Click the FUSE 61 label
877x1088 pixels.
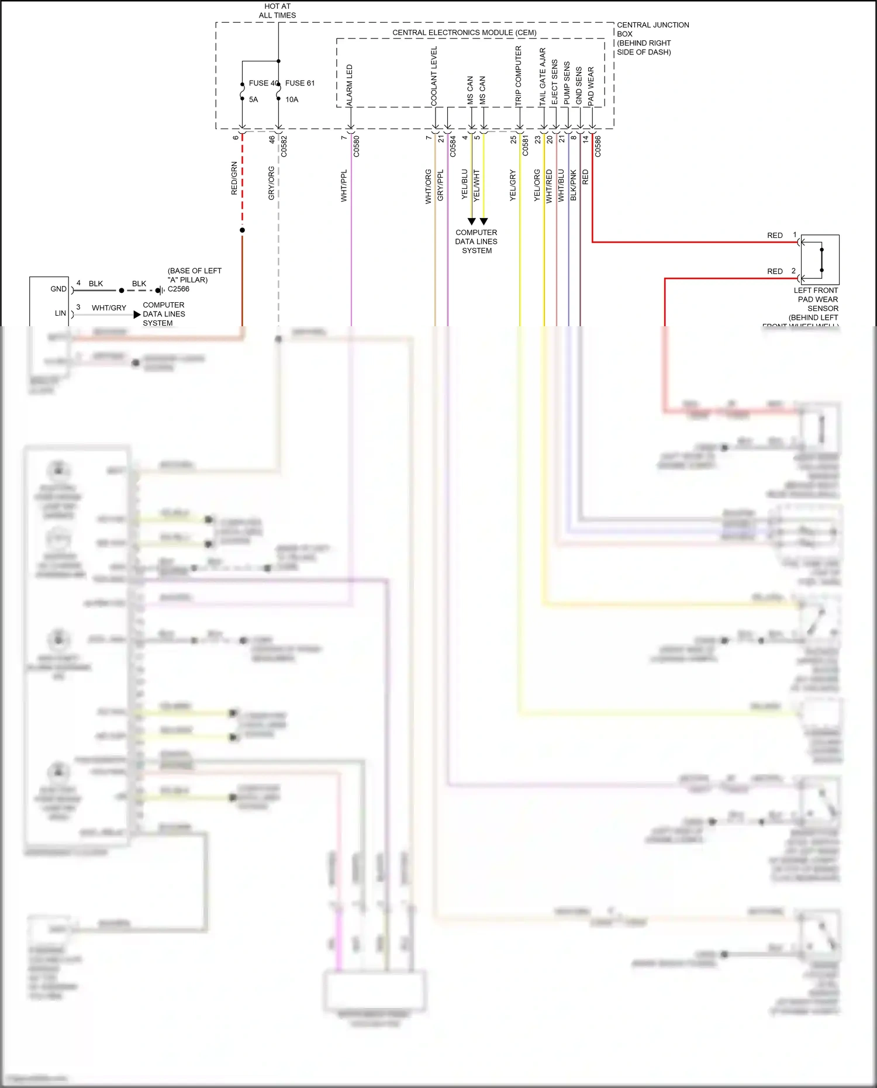click(x=299, y=83)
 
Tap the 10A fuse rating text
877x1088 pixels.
click(x=292, y=99)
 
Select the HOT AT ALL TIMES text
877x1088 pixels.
click(x=277, y=11)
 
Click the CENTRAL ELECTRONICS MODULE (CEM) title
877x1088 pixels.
click(x=464, y=33)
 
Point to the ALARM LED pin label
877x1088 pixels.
click(x=350, y=85)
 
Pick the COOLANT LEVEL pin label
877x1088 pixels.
click(x=434, y=76)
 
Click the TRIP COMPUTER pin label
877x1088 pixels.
click(x=518, y=76)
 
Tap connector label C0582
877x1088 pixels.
click(x=284, y=146)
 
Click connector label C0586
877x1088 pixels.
click(x=598, y=146)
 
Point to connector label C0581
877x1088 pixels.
click(x=525, y=145)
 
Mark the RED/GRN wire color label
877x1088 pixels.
click(x=234, y=178)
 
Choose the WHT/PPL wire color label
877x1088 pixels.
click(x=344, y=186)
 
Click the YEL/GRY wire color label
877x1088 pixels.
click(x=513, y=186)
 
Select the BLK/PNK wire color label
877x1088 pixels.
click(x=574, y=186)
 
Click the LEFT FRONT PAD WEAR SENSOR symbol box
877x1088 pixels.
click(x=820, y=260)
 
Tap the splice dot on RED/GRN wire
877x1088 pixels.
click(x=242, y=230)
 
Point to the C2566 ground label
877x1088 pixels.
click(x=178, y=289)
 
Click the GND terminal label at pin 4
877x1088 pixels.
click(x=58, y=289)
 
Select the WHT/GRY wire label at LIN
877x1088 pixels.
click(x=109, y=308)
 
